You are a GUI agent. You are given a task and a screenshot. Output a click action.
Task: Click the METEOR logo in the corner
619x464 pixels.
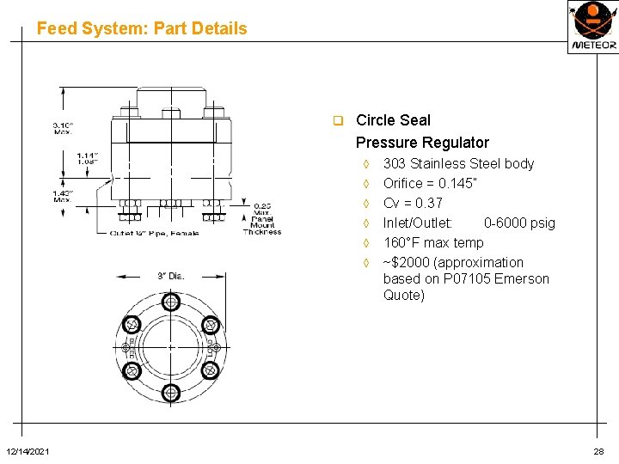pos(592,27)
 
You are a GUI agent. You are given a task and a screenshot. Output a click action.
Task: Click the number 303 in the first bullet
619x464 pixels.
pos(395,163)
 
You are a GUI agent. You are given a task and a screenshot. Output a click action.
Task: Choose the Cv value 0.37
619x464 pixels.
pos(428,203)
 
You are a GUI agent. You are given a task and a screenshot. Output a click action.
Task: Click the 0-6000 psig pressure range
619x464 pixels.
pos(519,223)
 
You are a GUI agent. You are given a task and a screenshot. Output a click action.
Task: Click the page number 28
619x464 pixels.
pos(598,452)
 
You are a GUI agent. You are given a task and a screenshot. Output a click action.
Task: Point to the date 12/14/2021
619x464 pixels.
pos(28,452)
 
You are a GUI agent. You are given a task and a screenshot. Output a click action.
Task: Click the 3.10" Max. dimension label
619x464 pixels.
pos(63,127)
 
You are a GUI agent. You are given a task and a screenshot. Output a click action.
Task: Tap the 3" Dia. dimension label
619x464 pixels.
pos(170,276)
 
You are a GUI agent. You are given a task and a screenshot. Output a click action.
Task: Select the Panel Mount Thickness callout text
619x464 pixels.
pos(262,219)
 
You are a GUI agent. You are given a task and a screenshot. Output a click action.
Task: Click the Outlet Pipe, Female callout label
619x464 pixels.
pos(154,233)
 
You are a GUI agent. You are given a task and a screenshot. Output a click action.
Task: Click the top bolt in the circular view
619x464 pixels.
pos(171,302)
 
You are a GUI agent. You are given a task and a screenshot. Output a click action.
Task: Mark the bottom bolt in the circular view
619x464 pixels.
pos(171,393)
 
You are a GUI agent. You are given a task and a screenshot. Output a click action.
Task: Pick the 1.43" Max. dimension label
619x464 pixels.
pos(63,197)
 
